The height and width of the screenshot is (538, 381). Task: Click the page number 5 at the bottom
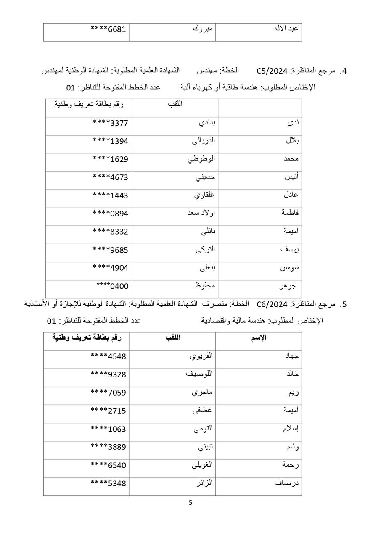coord(190,502)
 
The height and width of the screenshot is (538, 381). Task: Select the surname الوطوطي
coord(201,158)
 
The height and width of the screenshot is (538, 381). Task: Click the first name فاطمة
coord(290,212)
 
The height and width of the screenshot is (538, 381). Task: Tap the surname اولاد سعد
coord(201,213)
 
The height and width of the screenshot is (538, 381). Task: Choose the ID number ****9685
coord(110,250)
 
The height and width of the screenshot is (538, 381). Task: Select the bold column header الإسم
coord(258,338)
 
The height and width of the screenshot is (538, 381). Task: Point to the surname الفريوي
coord(201,356)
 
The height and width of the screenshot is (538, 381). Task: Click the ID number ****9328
coord(108,374)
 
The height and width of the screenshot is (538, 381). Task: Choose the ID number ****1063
coord(108,429)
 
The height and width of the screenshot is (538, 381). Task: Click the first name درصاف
coord(289,483)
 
